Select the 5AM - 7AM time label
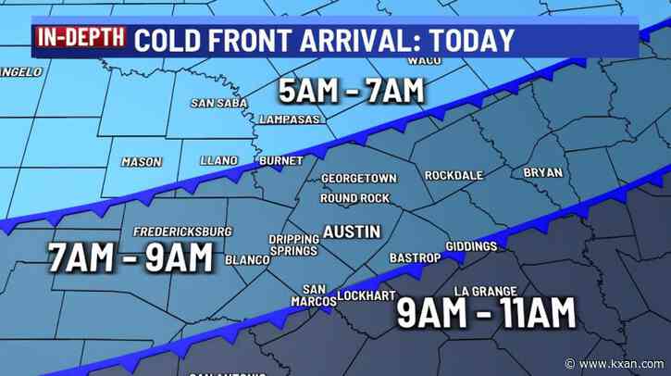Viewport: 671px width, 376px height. [351, 91]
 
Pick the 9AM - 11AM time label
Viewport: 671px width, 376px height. [487, 314]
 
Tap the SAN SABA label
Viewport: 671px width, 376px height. [220, 103]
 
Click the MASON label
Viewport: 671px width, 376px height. [142, 162]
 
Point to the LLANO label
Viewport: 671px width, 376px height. [218, 161]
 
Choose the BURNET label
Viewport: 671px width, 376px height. [280, 161]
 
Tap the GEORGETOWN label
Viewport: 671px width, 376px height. [359, 179]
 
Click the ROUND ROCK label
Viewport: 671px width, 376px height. [353, 198]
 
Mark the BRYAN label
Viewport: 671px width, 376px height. [542, 172]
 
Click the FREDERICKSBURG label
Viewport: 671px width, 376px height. [182, 231]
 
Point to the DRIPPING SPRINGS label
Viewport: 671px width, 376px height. [293, 244]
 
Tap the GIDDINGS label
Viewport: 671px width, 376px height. [471, 246]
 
